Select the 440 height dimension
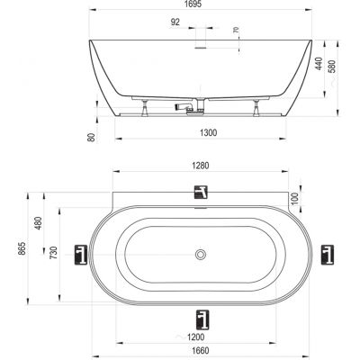(x=319, y=64)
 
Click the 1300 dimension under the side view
(x=209, y=132)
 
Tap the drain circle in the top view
(x=200, y=255)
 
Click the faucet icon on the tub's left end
(x=80, y=256)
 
